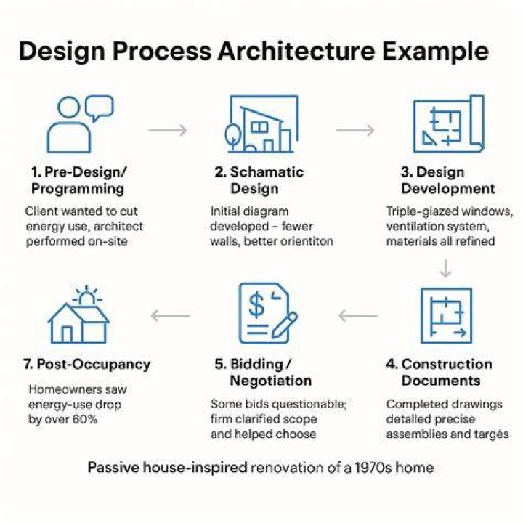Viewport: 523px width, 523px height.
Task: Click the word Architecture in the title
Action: (296, 51)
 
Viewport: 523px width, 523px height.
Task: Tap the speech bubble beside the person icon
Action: (99, 108)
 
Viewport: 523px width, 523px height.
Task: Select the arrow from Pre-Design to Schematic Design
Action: (168, 130)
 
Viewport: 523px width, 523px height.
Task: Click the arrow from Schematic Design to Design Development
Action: (355, 130)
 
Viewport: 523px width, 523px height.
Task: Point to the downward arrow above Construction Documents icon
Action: (445, 269)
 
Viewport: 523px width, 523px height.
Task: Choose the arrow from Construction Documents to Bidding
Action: (358, 315)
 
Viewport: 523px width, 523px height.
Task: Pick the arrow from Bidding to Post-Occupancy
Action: (171, 315)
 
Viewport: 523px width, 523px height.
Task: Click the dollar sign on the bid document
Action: (256, 304)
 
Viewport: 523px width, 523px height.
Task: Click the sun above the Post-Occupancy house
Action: (86, 296)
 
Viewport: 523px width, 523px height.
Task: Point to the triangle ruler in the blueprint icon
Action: (429, 138)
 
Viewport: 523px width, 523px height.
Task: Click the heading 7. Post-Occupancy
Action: (87, 364)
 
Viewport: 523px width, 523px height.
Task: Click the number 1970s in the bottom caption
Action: (373, 467)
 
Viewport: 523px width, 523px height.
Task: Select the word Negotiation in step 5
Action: (270, 381)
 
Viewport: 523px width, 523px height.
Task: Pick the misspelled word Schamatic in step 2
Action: (267, 172)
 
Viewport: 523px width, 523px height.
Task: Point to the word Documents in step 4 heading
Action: (441, 381)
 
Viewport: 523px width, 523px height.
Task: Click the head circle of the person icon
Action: (69, 107)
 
